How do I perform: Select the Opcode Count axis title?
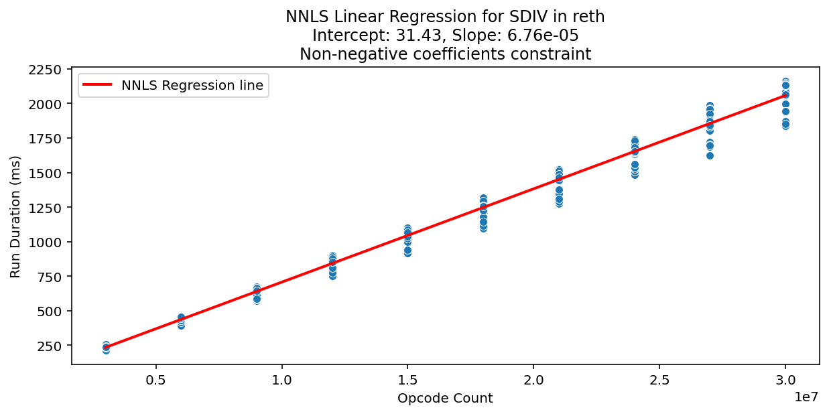pos(445,399)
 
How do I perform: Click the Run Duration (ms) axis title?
pos(15,216)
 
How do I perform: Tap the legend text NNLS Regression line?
pos(192,85)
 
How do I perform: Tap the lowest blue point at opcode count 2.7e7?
pos(710,155)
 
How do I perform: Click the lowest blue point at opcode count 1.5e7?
pos(407,253)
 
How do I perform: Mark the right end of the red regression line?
pos(785,95)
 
